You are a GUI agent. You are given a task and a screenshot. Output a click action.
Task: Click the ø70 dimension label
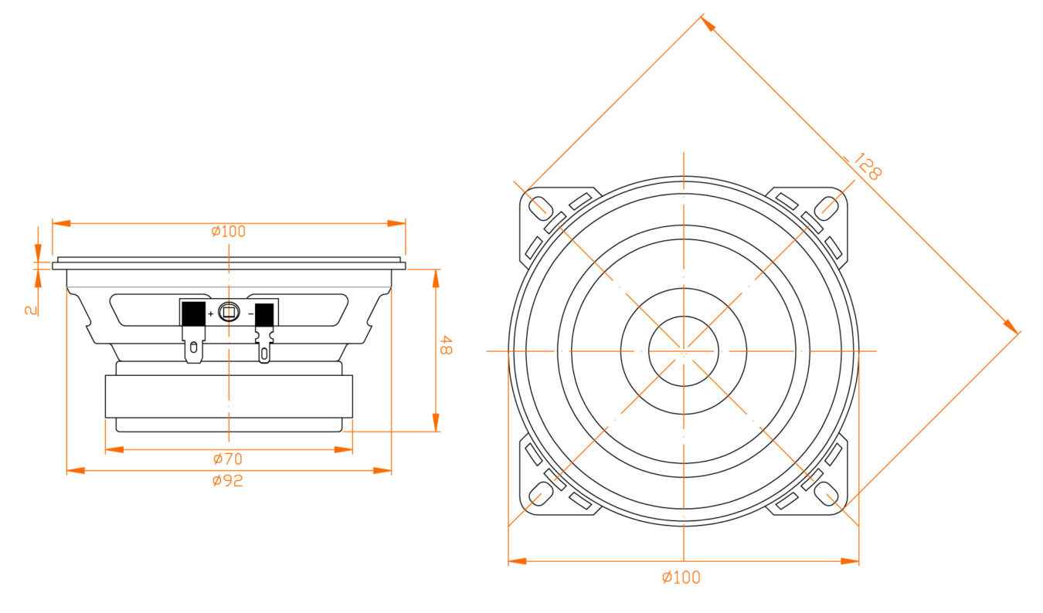click(x=228, y=459)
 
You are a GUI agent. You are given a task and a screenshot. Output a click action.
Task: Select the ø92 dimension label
click(x=228, y=480)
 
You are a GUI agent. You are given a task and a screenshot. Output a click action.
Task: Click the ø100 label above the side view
click(x=229, y=231)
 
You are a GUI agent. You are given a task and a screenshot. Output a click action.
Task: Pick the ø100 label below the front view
click(x=681, y=577)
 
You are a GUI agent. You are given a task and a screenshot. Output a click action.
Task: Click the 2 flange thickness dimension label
click(x=30, y=309)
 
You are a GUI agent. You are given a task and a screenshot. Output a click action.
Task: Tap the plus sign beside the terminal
click(x=210, y=314)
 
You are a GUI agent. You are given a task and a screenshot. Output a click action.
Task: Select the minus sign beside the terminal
click(x=250, y=314)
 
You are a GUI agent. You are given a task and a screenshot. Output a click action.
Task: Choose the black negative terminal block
click(x=264, y=315)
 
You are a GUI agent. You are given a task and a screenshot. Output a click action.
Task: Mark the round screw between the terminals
click(x=229, y=312)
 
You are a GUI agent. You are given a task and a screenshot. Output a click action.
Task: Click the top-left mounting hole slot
click(x=538, y=207)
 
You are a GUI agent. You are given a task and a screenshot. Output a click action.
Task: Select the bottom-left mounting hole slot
click(x=538, y=494)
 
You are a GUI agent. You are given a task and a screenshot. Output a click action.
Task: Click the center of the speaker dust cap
click(x=683, y=351)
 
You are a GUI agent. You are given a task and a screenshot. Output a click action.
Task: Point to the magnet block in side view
click(x=229, y=397)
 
